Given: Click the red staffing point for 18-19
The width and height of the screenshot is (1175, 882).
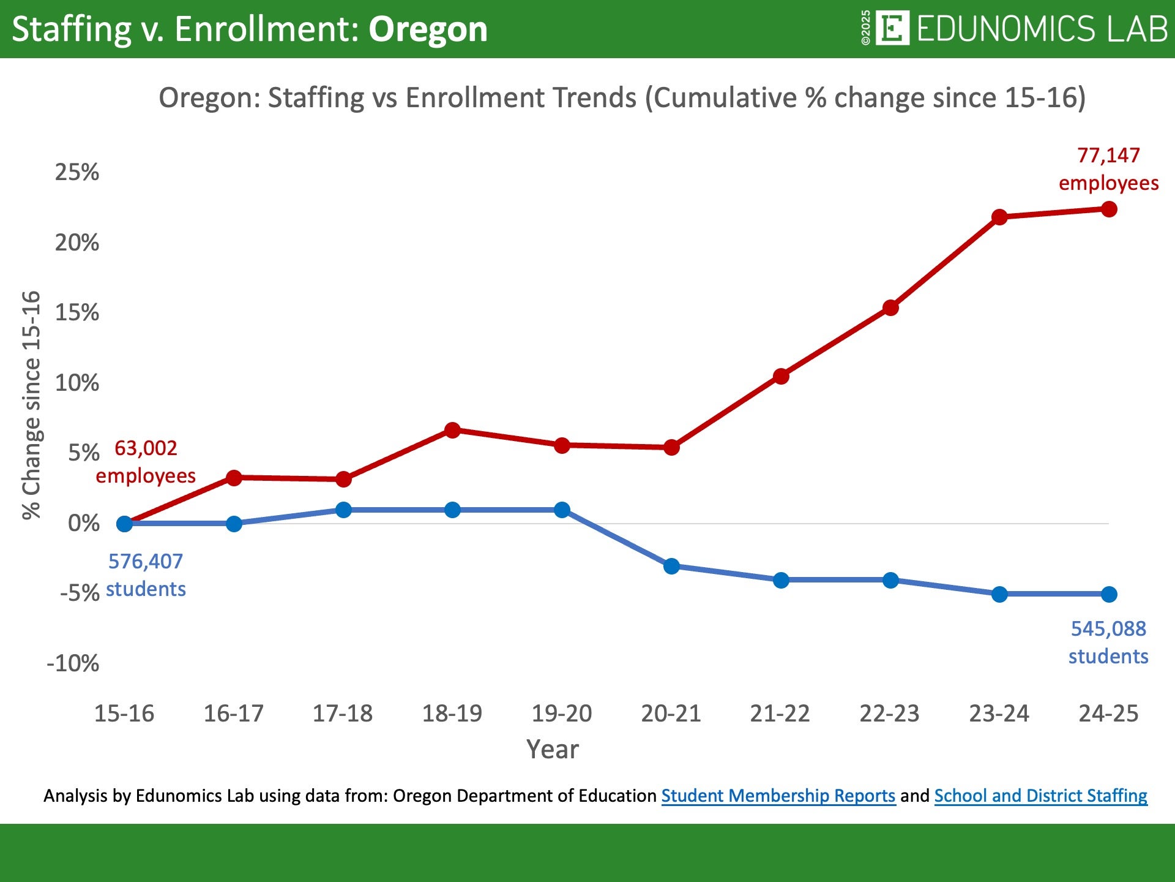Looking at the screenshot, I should tap(452, 430).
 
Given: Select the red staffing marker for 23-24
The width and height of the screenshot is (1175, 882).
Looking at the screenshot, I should tap(999, 217).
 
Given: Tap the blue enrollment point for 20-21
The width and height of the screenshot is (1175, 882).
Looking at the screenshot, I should tap(671, 566).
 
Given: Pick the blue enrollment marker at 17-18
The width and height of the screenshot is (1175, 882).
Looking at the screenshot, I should tap(343, 510).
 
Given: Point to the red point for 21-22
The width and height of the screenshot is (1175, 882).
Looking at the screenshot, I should tap(781, 376).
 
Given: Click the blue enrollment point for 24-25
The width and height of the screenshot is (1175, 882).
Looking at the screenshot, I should tap(1109, 594).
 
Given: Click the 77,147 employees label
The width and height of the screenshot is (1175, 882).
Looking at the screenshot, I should tap(1108, 169).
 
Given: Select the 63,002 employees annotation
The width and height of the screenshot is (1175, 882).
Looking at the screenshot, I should tap(146, 462).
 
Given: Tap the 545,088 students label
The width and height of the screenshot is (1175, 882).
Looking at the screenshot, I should tap(1108, 642).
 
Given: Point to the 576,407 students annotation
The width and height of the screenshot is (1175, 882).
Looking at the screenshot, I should tap(146, 575).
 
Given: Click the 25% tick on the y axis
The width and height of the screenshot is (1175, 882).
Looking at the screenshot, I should tap(77, 172).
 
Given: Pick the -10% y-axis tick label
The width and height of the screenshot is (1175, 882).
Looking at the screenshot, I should tap(73, 663).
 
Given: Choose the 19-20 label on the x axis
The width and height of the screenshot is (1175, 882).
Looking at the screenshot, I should tap(562, 714).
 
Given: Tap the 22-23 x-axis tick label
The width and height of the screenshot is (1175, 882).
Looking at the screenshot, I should tap(890, 714).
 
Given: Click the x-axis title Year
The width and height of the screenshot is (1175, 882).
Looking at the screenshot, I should tap(553, 749).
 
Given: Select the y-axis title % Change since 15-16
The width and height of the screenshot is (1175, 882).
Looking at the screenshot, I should tap(32, 405).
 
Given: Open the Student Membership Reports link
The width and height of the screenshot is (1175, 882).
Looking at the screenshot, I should tap(778, 796).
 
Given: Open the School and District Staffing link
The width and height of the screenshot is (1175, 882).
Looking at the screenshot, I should tap(1040, 796).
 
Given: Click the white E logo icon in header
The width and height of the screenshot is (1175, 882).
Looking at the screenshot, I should tap(892, 28).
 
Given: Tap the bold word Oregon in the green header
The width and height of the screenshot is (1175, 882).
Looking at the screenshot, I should tap(428, 29).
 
